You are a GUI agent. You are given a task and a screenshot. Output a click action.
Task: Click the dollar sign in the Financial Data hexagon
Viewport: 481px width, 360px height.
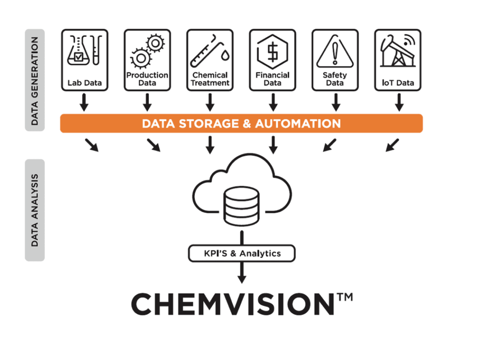pyautogui.click(x=272, y=52)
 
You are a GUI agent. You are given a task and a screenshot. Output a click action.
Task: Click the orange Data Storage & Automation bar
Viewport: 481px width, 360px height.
pyautogui.click(x=241, y=123)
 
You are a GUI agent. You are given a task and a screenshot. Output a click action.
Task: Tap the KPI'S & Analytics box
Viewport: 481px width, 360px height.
pyautogui.click(x=241, y=253)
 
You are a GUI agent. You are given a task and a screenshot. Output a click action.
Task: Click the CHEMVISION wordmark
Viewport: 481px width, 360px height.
pyautogui.click(x=233, y=304)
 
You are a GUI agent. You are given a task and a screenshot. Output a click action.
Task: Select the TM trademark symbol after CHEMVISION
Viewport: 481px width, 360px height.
pyautogui.click(x=345, y=298)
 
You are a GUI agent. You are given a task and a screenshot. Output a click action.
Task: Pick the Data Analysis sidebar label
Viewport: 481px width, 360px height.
pyautogui.click(x=35, y=210)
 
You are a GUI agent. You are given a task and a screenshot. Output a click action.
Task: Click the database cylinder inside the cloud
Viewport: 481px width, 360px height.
pyautogui.click(x=241, y=205)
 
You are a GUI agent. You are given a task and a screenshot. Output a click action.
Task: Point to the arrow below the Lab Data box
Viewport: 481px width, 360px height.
pyautogui.click(x=84, y=102)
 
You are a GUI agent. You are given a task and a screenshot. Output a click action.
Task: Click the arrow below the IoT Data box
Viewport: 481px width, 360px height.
pyautogui.click(x=398, y=102)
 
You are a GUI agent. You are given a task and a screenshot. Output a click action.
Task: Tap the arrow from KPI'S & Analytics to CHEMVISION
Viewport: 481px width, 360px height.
pyautogui.click(x=241, y=273)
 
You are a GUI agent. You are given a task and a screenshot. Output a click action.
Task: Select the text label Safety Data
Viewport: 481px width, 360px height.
pyautogui.click(x=335, y=79)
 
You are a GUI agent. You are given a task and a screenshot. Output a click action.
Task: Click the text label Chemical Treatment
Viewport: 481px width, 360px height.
pyautogui.click(x=210, y=79)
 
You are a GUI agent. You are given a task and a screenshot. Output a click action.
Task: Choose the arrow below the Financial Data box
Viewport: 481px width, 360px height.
pyautogui.click(x=272, y=102)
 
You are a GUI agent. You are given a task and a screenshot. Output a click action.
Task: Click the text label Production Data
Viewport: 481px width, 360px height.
pyautogui.click(x=147, y=79)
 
